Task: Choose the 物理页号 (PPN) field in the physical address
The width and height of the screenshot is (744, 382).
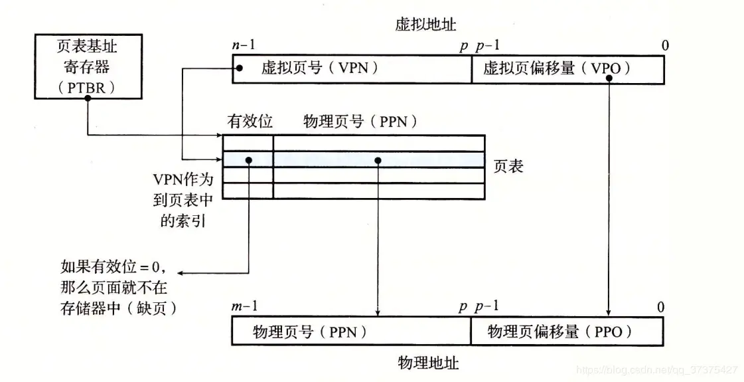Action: pos(351,331)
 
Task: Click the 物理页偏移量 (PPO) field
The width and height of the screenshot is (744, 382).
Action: pos(566,331)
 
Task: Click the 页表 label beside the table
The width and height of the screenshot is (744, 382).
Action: pos(508,166)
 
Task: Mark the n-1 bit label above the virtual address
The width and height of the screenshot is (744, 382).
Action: pos(244,45)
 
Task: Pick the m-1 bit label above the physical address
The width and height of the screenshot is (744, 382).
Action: pos(244,308)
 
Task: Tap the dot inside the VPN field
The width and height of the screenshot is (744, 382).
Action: pos(239,68)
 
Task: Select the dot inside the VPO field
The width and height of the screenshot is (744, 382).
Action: pos(609,78)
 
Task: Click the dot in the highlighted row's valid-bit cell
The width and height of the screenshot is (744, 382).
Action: pos(248,160)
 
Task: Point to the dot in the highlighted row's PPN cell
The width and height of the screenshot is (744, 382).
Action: pos(378,160)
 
